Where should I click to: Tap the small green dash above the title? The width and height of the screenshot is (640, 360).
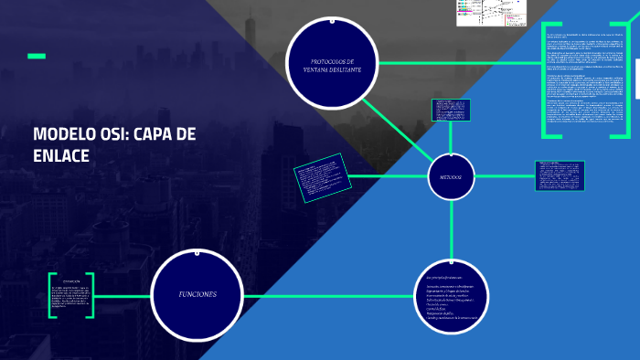click(37, 57)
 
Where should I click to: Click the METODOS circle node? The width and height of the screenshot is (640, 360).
click(451, 175)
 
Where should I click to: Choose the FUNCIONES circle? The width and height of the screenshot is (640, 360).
click(197, 294)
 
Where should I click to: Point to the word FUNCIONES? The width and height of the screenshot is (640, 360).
click(197, 294)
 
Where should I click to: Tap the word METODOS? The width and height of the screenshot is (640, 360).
click(451, 175)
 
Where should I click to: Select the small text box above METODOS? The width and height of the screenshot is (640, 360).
click(450, 110)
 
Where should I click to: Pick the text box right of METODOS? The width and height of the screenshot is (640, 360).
click(560, 176)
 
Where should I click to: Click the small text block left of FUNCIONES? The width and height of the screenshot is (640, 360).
click(73, 294)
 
